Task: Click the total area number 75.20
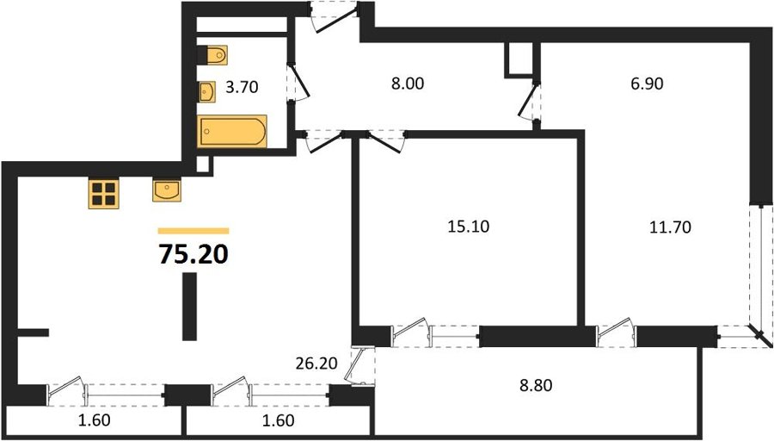tap(193, 255)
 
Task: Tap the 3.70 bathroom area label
tap(242, 88)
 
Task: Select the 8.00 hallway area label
tap(408, 84)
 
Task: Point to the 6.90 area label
tap(647, 84)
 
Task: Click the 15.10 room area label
tap(468, 227)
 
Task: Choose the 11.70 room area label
tap(670, 227)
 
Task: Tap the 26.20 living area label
tap(316, 363)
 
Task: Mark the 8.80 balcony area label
tap(536, 385)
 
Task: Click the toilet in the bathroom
tap(212, 55)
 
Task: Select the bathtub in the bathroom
tap(232, 132)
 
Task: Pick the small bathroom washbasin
tap(206, 92)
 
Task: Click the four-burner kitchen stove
tap(104, 193)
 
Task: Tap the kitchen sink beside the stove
tap(167, 190)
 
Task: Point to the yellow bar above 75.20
tap(193, 231)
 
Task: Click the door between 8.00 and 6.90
tap(529, 101)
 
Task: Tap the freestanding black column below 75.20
tap(189, 307)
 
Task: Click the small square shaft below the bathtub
tap(202, 165)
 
